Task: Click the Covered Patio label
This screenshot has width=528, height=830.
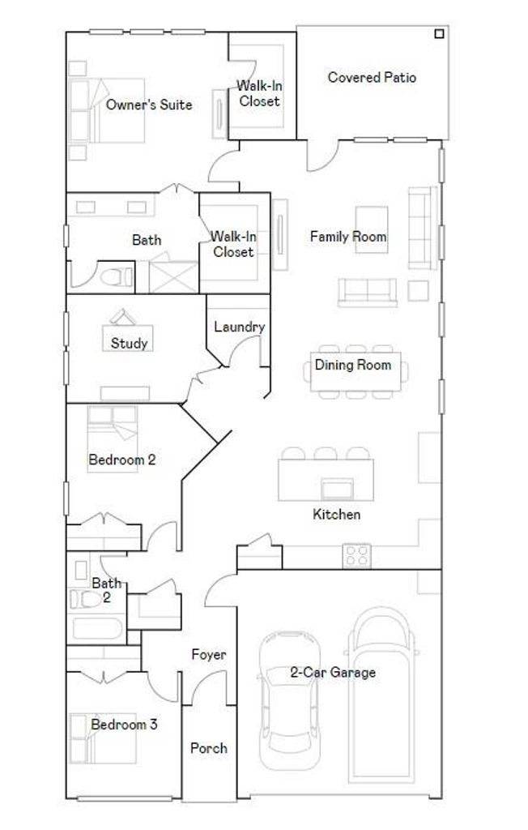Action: (x=372, y=77)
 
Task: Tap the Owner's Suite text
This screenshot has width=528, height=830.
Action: (x=149, y=105)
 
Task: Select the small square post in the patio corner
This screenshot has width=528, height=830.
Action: (x=439, y=34)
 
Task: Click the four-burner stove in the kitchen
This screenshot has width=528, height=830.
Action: (x=356, y=556)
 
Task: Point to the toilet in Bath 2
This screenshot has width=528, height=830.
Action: (x=85, y=599)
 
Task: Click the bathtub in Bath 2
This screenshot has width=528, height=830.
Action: (x=97, y=628)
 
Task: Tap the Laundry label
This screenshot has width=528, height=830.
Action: (x=239, y=327)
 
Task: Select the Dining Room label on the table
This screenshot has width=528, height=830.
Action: (x=353, y=365)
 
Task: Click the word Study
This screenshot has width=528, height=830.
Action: (x=129, y=343)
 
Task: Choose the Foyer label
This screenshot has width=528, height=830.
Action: (x=208, y=655)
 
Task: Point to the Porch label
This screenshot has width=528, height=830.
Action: (x=208, y=748)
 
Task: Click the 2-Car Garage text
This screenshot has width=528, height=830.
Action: (x=333, y=672)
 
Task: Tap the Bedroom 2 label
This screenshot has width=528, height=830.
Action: (x=122, y=460)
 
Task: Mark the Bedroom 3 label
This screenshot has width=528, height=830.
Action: (x=124, y=724)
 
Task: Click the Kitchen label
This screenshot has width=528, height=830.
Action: (x=337, y=514)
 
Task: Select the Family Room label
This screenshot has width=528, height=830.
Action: (x=348, y=236)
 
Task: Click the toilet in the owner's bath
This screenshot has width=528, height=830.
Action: (x=117, y=277)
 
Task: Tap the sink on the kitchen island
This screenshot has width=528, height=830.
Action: (x=338, y=489)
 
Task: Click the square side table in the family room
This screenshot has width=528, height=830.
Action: (x=418, y=291)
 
